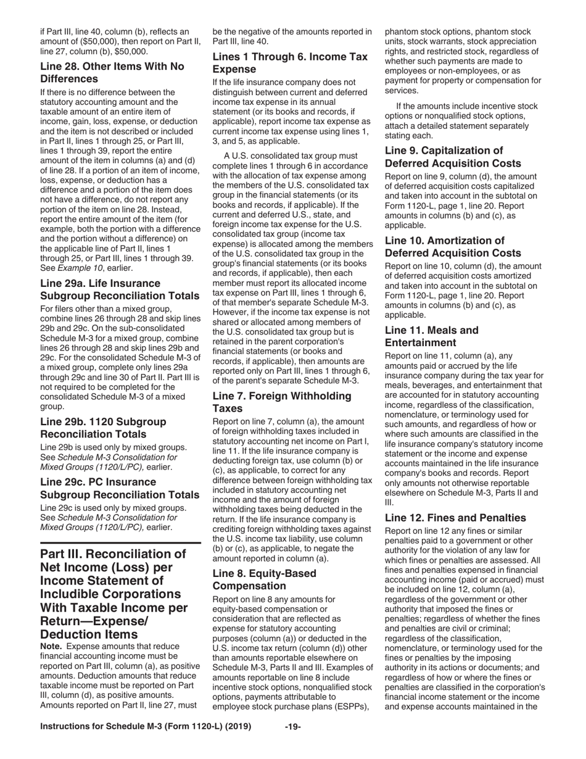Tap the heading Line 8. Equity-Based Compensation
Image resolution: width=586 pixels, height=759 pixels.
click(x=264, y=579)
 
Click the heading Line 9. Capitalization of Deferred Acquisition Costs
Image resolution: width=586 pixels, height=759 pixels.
click(x=453, y=157)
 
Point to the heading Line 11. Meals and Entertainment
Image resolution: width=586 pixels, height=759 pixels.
click(x=431, y=336)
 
